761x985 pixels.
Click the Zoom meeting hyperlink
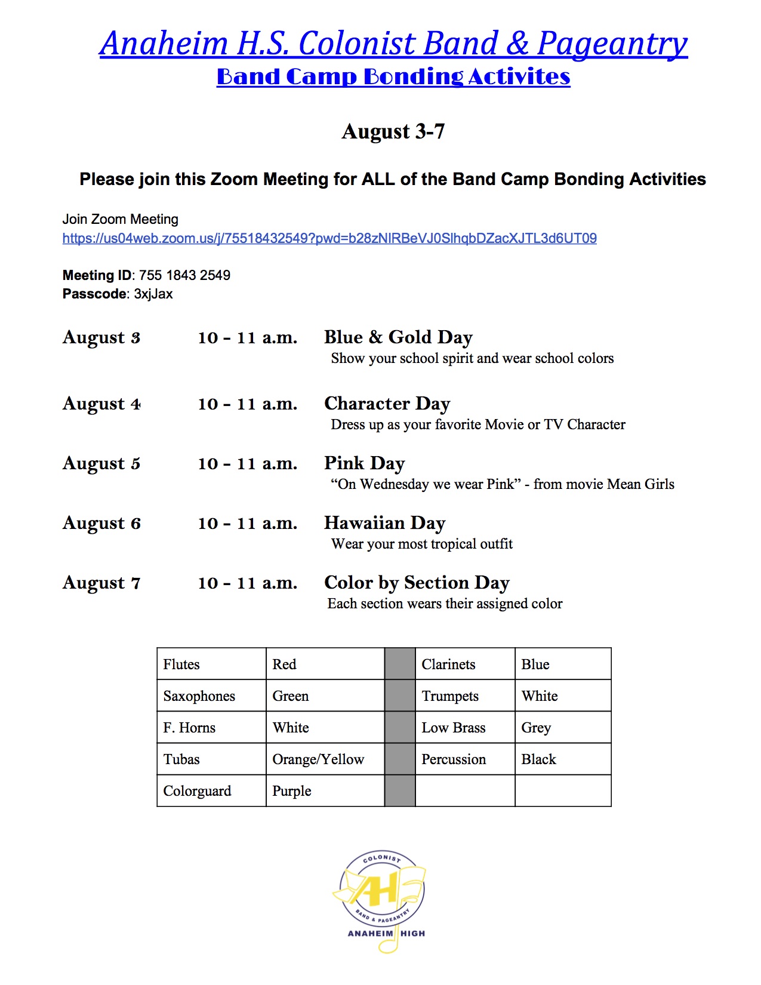pos(329,239)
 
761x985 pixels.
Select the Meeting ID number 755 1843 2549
pos(184,275)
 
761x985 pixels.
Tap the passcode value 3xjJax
pos(153,294)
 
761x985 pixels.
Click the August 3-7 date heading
pos(393,132)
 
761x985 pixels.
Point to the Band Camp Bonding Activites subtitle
pos(393,77)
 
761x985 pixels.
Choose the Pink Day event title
pos(364,463)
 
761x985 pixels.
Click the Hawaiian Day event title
pos(384,523)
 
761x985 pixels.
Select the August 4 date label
pos(101,404)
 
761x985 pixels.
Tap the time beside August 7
pos(247,583)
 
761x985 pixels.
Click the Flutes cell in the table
pos(181,664)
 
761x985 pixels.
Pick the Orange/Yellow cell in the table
pos(318,759)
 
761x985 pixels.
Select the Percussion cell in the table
pos(454,759)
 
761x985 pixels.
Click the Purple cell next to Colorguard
pos(292,791)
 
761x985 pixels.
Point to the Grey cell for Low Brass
pos(536,728)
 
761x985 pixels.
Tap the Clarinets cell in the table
pos(448,664)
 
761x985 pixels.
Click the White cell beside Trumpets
pos(540,696)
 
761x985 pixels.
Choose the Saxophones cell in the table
pos(199,696)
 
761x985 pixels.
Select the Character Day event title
pos(387,404)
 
